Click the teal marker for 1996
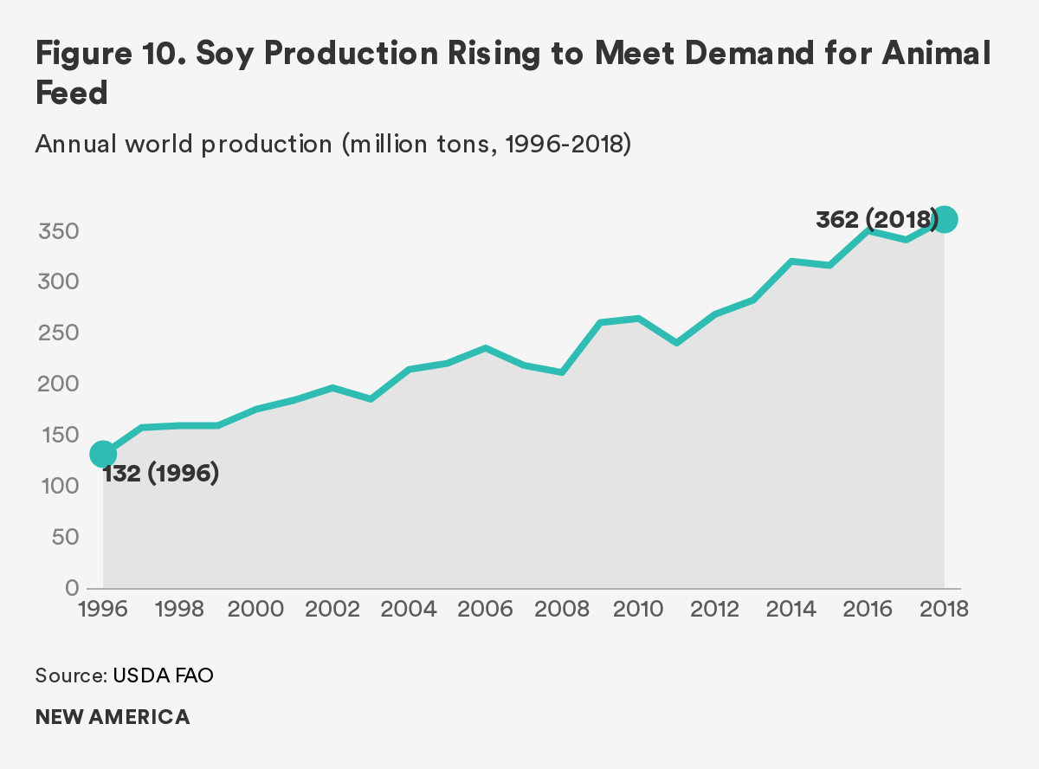(103, 453)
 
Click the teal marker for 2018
(945, 220)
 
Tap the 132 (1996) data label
(161, 475)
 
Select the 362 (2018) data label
(876, 220)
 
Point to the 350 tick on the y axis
(58, 231)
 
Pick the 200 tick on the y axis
(58, 384)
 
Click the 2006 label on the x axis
(486, 609)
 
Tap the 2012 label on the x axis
(715, 609)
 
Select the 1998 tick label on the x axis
(179, 609)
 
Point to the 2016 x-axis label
(868, 609)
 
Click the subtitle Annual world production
(184, 144)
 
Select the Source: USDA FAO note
(124, 675)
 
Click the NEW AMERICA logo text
(113, 717)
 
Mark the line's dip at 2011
(677, 343)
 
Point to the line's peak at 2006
(486, 348)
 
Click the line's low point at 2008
(562, 372)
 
